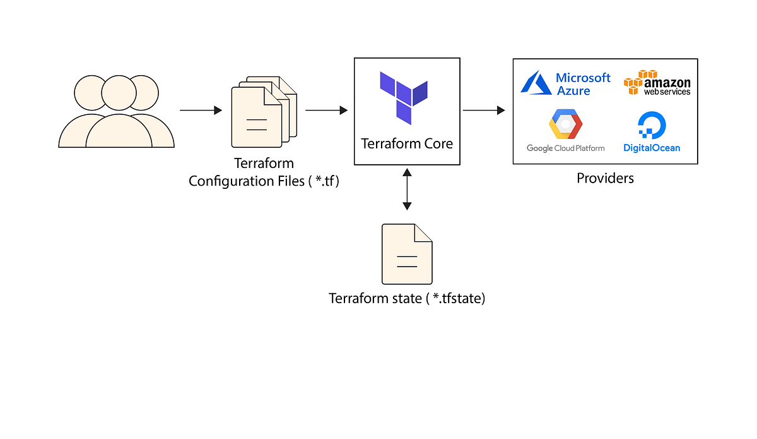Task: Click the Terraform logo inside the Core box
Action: tap(404, 97)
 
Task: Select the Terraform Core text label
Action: tap(407, 143)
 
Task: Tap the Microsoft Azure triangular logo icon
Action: tap(535, 83)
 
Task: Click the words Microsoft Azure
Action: tap(582, 84)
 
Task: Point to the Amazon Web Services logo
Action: tap(657, 83)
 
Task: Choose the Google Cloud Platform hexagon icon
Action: tap(565, 124)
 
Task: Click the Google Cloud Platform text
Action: tap(566, 148)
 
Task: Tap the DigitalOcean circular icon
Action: tap(652, 125)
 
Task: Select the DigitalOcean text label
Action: tap(652, 148)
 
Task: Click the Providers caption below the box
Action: tap(605, 178)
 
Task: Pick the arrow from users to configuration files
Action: tap(201, 111)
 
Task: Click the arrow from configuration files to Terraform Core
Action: tap(326, 111)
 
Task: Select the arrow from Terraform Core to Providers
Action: tap(484, 111)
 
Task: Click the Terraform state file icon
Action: tap(407, 254)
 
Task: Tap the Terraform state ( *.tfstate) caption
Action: tap(407, 299)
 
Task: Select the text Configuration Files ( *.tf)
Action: tap(264, 181)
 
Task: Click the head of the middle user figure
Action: tap(119, 93)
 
